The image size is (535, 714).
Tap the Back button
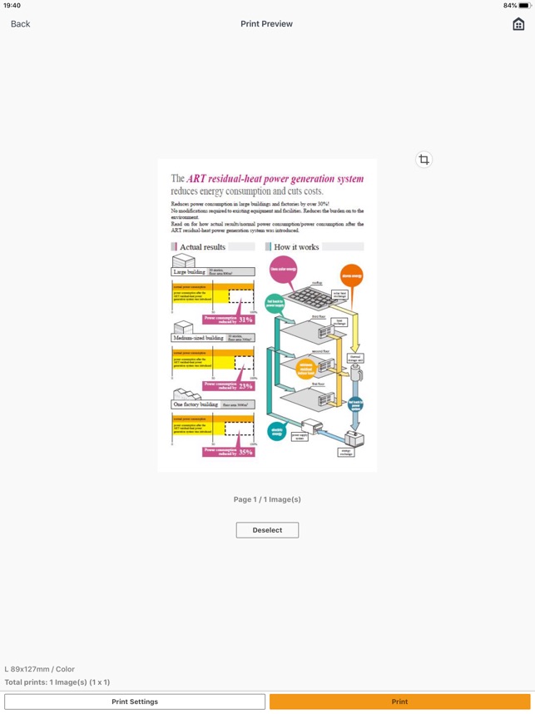coord(20,24)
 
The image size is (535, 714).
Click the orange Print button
coord(399,702)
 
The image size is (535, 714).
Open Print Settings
coord(135,702)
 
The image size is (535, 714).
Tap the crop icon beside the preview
coord(424,160)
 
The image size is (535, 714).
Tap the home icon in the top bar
coord(518,24)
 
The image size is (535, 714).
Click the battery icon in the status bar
coord(524,6)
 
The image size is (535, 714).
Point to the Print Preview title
coord(266,24)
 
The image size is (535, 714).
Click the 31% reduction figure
coord(245,320)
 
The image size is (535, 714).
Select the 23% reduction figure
coord(245,386)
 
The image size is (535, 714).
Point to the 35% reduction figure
coord(245,452)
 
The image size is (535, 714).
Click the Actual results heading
coord(202,247)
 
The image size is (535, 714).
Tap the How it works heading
coord(296,247)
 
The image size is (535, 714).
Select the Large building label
coord(190,272)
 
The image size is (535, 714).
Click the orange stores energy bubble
coord(351,275)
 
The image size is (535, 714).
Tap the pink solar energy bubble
coord(283,268)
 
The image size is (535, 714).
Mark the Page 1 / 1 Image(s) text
coord(267,499)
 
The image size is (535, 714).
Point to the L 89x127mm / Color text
coord(40,669)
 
